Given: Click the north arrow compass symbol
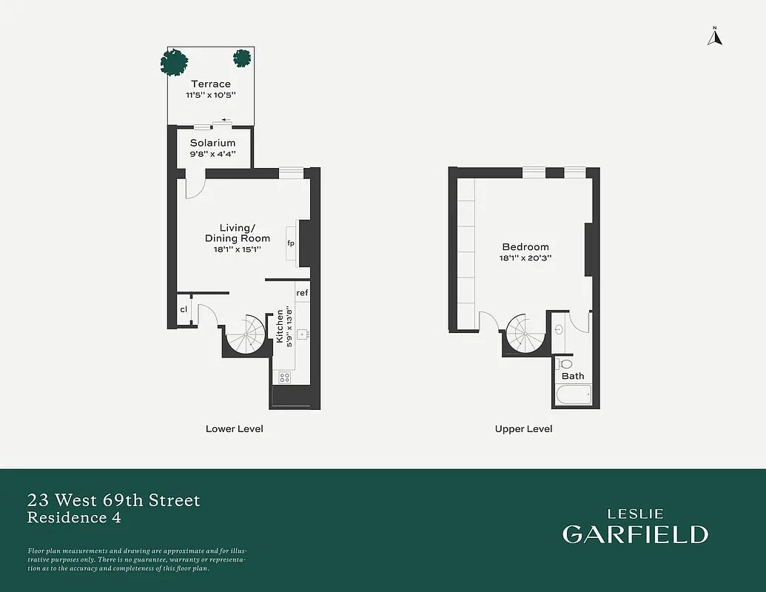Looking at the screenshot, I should pyautogui.click(x=714, y=36).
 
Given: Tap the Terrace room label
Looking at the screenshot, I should pyautogui.click(x=211, y=84).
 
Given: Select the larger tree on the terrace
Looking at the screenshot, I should pyautogui.click(x=175, y=62).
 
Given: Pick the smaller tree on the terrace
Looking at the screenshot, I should pyautogui.click(x=242, y=58).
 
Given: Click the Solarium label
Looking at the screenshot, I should pyautogui.click(x=212, y=143).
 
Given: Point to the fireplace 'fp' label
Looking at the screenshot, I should pyautogui.click(x=291, y=243).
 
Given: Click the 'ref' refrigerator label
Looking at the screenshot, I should pyautogui.click(x=302, y=293).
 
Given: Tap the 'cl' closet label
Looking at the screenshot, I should pyautogui.click(x=184, y=309).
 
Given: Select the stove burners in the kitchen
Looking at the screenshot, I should pyautogui.click(x=284, y=377).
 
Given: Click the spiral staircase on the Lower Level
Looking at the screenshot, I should pyautogui.click(x=245, y=335).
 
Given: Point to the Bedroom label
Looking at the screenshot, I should pyautogui.click(x=525, y=247).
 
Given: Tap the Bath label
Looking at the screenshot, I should pyautogui.click(x=573, y=376).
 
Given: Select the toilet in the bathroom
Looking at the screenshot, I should pyautogui.click(x=566, y=364).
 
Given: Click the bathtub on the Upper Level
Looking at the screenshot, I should pyautogui.click(x=573, y=394).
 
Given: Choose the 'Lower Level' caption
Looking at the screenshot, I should pyautogui.click(x=234, y=429).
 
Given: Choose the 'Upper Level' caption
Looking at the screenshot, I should pyautogui.click(x=523, y=429).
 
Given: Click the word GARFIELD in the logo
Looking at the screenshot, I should pyautogui.click(x=635, y=534).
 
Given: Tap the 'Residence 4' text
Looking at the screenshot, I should pyautogui.click(x=74, y=518).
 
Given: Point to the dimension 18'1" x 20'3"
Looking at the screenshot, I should pyautogui.click(x=525, y=258).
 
